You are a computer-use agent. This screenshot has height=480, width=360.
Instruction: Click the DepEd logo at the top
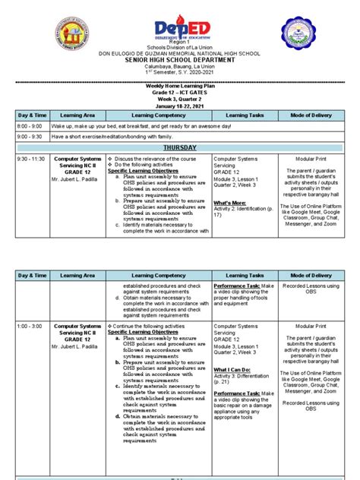point(180,27)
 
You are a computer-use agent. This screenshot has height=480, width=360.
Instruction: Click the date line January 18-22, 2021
point(180,107)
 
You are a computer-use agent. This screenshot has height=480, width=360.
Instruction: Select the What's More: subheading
point(229,203)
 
